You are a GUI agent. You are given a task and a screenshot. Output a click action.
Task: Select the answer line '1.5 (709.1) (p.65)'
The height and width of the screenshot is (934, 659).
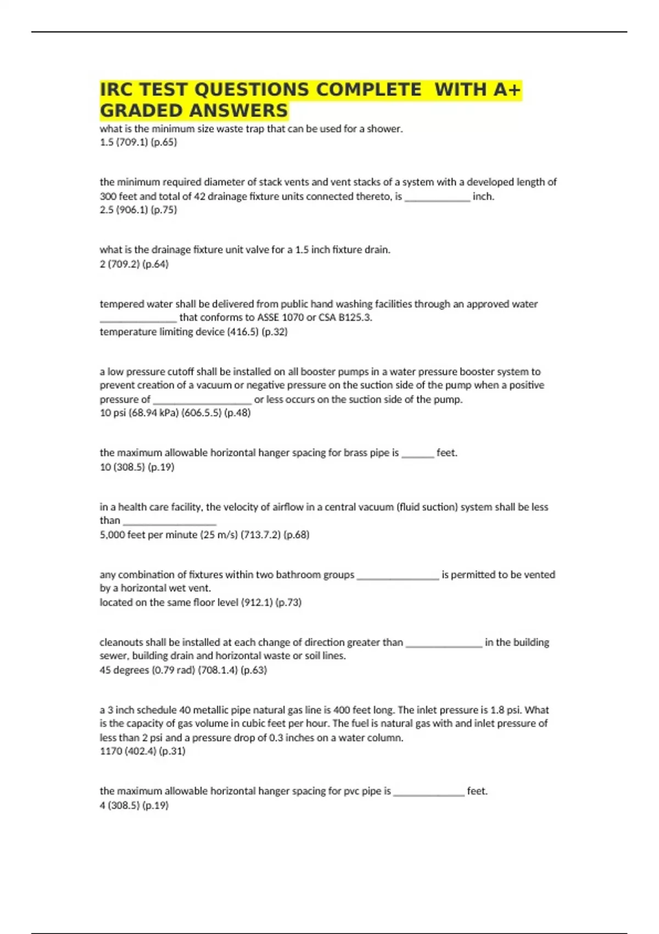[x=138, y=142]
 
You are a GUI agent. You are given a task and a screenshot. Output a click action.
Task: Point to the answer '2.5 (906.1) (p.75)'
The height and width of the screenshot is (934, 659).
[x=138, y=210]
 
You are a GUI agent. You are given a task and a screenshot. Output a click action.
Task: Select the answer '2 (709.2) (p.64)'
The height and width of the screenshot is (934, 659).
[x=134, y=264]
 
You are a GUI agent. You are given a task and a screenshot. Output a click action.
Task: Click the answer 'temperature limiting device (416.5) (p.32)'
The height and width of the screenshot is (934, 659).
[x=193, y=332]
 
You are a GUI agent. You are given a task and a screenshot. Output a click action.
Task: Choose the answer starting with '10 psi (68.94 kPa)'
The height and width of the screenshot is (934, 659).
[x=175, y=413]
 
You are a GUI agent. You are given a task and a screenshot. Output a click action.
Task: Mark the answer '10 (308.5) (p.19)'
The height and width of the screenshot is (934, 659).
[x=137, y=467]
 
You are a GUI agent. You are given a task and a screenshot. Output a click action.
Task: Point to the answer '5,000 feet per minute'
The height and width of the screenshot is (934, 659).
[x=204, y=535]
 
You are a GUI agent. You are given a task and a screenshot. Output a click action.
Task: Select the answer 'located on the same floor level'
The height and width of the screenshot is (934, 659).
[x=200, y=602]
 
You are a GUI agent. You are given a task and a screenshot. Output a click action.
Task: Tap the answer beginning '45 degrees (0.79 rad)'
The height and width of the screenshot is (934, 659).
[x=183, y=670]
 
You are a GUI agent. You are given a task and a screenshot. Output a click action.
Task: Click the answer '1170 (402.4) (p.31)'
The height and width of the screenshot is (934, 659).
[x=142, y=751]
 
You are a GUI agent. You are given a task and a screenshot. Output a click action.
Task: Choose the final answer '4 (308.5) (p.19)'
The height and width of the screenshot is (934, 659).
[x=134, y=805]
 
